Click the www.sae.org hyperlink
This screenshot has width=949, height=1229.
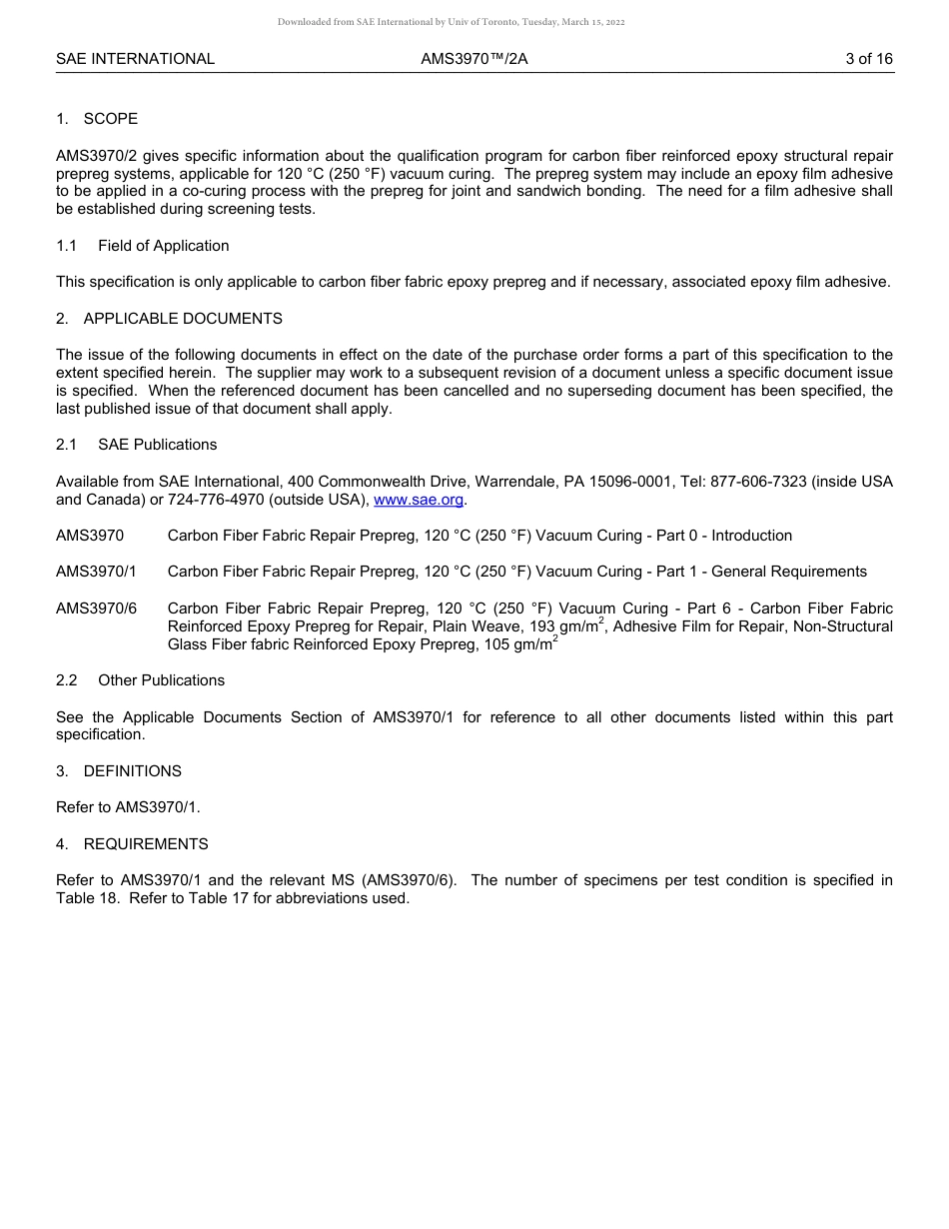420,500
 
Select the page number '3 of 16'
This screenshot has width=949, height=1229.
869,59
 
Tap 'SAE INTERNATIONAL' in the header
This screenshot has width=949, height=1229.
135,59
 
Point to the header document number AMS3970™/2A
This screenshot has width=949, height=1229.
474,59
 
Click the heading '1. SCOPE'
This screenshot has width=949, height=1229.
97,119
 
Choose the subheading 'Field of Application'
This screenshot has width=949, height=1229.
163,246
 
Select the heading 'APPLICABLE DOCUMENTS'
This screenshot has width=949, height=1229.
183,319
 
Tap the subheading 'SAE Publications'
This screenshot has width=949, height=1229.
157,445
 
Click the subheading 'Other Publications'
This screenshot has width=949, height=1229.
161,680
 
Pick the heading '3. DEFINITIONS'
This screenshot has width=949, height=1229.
119,771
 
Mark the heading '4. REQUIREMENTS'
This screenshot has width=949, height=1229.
132,844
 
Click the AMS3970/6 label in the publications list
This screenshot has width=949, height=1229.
96,609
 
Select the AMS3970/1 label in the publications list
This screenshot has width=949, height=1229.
96,572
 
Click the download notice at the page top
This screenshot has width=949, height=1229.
451,22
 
